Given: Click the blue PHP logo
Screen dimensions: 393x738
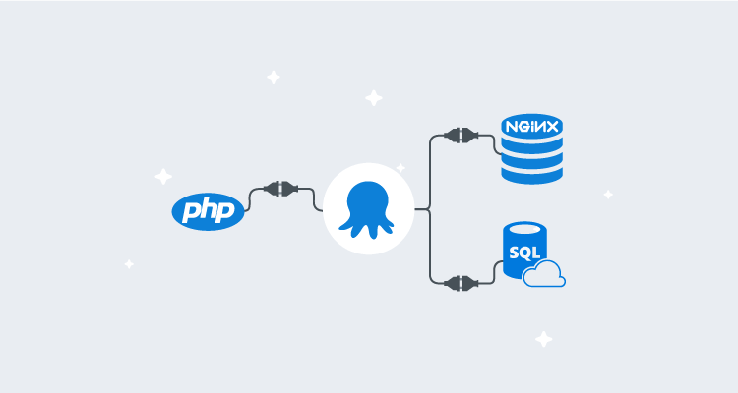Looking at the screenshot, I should (208, 210).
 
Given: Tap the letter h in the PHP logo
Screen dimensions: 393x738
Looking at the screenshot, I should (208, 209).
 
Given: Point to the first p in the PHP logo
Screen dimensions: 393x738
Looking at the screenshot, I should (191, 212).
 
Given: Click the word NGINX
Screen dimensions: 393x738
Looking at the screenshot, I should (530, 127).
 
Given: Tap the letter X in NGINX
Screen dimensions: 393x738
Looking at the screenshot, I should (553, 127).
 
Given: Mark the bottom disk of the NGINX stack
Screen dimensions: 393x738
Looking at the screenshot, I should (530, 172).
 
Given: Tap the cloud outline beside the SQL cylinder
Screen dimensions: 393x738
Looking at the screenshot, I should (544, 276).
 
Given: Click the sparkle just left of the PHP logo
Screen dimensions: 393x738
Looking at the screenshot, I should (163, 177).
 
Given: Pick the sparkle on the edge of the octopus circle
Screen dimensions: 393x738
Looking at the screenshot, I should (400, 168).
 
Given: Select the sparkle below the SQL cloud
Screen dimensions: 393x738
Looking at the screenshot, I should (543, 339).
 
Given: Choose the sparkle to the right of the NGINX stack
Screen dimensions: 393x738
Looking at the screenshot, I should (608, 194).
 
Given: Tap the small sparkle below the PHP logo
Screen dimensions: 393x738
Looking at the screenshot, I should (129, 263).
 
